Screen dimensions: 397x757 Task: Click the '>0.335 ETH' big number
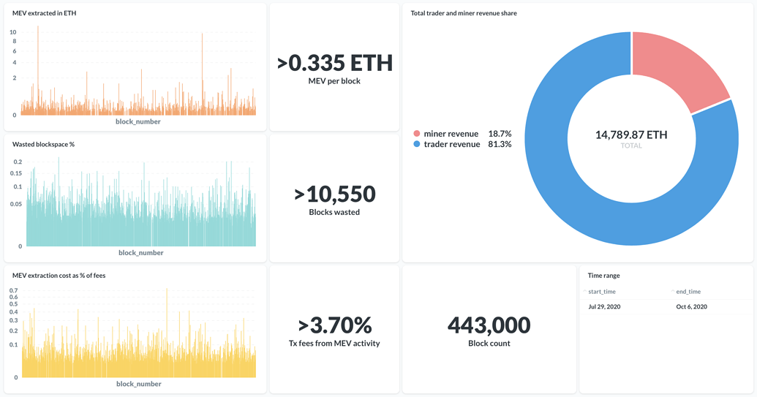pos(335,63)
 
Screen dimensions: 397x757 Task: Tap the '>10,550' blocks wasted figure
pos(335,194)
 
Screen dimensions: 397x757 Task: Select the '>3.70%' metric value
pos(335,325)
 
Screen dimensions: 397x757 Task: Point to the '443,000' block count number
pos(489,325)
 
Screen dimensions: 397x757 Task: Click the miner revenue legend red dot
pos(417,134)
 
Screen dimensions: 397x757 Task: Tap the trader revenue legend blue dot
pos(417,145)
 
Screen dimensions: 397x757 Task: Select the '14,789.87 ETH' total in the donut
pos(631,135)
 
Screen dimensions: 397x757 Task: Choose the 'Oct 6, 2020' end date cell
pos(691,307)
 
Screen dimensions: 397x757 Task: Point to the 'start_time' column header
pos(602,292)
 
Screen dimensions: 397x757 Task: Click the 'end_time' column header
pos(688,292)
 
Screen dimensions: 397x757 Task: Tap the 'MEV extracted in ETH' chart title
pos(44,13)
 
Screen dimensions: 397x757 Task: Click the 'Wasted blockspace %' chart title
pos(43,144)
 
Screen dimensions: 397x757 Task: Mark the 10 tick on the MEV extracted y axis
pos(13,32)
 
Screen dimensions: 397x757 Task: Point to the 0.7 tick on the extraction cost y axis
pos(13,291)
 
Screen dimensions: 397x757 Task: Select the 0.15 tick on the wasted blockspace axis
pos(16,173)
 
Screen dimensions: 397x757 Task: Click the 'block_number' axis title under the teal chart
pos(140,253)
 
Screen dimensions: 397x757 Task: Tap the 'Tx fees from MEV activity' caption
pos(335,344)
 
